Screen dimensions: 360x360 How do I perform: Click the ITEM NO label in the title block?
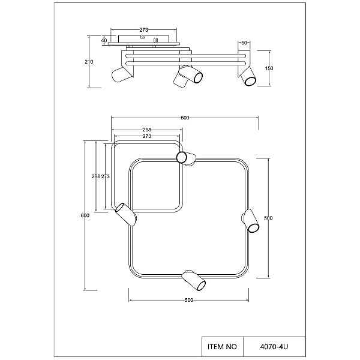(x=222, y=346)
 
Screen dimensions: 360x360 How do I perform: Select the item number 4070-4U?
(x=274, y=346)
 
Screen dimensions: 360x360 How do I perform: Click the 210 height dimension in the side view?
(x=89, y=62)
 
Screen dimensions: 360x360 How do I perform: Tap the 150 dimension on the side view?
(x=269, y=68)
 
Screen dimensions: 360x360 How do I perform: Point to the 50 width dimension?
(x=244, y=43)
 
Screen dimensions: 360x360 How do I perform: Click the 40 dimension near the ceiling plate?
(x=104, y=40)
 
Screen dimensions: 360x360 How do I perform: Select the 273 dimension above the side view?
(x=144, y=30)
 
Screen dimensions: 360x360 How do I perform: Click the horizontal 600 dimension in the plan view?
(x=185, y=118)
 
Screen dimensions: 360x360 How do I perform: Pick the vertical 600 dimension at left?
(x=85, y=215)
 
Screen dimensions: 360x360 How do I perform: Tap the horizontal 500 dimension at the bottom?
(x=189, y=300)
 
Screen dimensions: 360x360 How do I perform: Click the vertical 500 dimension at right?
(x=268, y=218)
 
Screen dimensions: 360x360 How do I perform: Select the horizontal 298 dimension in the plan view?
(x=147, y=130)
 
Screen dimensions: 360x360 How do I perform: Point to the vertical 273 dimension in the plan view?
(x=106, y=176)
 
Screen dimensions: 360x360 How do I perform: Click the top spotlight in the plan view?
(x=186, y=158)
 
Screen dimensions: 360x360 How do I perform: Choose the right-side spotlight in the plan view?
(x=250, y=221)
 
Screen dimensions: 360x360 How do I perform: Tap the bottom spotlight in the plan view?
(x=194, y=280)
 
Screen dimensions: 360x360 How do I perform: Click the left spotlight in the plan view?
(x=125, y=214)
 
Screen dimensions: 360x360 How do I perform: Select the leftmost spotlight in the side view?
(x=122, y=74)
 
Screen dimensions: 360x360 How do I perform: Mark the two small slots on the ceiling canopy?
(x=155, y=40)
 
